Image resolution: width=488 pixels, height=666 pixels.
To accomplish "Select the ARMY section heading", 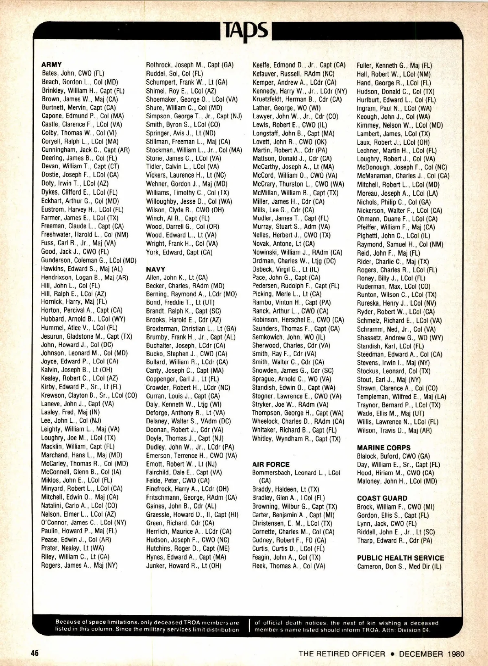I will pos(52,64).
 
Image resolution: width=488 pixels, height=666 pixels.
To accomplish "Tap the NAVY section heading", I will pos(156,269).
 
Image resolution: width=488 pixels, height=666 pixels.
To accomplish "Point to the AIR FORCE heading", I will pos(271,464).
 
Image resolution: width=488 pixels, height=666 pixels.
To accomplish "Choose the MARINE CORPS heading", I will pos(384,448).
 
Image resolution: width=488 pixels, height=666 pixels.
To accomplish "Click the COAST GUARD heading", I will pos(382,498).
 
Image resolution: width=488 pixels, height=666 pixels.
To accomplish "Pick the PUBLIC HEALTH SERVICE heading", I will pos(401,558).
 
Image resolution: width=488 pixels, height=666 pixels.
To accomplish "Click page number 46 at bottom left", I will pos(34,653).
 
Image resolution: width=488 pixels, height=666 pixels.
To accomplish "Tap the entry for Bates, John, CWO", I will pos(73,74).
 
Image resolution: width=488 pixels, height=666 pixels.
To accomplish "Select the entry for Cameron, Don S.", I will pos(399,567).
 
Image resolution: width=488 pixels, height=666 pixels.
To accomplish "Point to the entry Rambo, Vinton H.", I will pos(292,303).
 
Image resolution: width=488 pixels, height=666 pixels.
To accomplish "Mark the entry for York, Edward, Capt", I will pos(179,252).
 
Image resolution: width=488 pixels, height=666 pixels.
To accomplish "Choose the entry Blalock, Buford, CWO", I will pos(393,456).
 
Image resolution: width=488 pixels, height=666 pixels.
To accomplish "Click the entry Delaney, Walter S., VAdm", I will pos(188,421).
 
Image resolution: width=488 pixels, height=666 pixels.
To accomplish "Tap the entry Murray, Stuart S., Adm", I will pos(291,227).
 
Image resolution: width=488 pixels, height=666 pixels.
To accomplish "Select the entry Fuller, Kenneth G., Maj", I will pos(394,65).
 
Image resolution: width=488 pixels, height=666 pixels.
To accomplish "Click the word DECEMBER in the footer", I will pos(421,654).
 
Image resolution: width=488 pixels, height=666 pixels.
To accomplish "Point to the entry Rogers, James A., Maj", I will pos(79,565).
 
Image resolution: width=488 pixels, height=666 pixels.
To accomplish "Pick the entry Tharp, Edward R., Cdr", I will pos(394,541).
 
